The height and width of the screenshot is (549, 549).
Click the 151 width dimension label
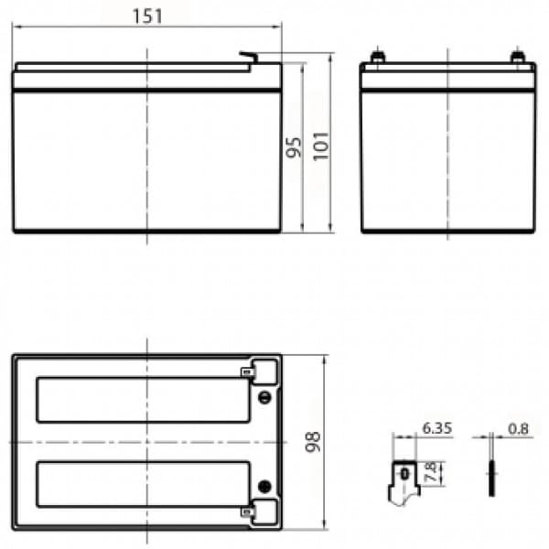tap(147, 16)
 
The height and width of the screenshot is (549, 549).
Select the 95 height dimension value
tap(294, 147)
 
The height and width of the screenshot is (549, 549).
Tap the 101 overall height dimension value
tap(321, 146)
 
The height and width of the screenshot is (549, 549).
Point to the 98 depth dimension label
tap(313, 442)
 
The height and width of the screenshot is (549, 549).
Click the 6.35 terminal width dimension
tap(437, 428)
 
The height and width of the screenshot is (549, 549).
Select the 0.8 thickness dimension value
tap(518, 428)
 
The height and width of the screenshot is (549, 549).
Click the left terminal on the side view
tap(377, 57)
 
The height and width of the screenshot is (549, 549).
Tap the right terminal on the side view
tap(517, 57)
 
